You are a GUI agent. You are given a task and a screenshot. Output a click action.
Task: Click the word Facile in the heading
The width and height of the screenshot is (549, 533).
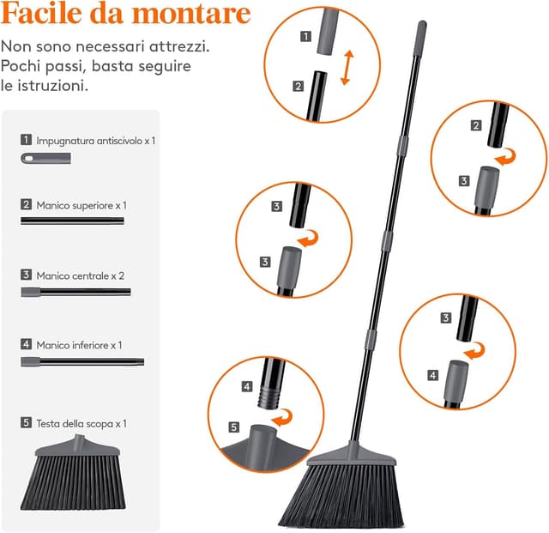coord(42,14)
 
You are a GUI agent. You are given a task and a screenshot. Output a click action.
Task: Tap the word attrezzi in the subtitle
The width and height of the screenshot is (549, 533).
coord(179,46)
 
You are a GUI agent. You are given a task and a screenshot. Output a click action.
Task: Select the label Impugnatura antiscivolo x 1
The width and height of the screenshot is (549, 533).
coord(96,141)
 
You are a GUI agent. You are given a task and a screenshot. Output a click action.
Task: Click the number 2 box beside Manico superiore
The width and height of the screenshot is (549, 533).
coord(26,204)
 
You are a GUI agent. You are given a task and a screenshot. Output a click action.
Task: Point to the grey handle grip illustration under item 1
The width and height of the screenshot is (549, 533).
coord(45,159)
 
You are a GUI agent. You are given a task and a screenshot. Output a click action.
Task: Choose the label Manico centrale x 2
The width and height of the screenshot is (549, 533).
coord(80,276)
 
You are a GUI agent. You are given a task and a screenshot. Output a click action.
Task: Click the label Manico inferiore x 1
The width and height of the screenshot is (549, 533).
coord(79,345)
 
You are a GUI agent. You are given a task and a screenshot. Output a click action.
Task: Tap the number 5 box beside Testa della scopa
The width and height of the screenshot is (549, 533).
coord(26,422)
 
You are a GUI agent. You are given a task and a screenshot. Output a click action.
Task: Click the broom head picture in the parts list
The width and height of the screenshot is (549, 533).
coord(73,472)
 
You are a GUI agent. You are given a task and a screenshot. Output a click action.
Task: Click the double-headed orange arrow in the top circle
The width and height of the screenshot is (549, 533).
coord(347,68)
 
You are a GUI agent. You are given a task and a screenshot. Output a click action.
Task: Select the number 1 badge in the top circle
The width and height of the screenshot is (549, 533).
coord(305,36)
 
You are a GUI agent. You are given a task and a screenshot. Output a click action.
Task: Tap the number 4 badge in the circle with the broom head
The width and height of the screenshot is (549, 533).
coord(247,386)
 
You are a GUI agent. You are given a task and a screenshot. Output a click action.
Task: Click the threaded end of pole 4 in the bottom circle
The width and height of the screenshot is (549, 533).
coord(269,397)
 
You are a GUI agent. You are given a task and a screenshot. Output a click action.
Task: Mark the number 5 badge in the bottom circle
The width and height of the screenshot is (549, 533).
coord(234,427)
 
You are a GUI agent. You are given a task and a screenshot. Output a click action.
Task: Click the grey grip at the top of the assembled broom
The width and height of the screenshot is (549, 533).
coord(420,38)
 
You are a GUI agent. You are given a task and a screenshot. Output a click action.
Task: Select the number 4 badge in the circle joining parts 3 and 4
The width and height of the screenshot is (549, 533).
coord(433,375)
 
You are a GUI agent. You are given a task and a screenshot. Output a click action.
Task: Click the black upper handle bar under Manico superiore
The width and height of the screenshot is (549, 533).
coord(72,221)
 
